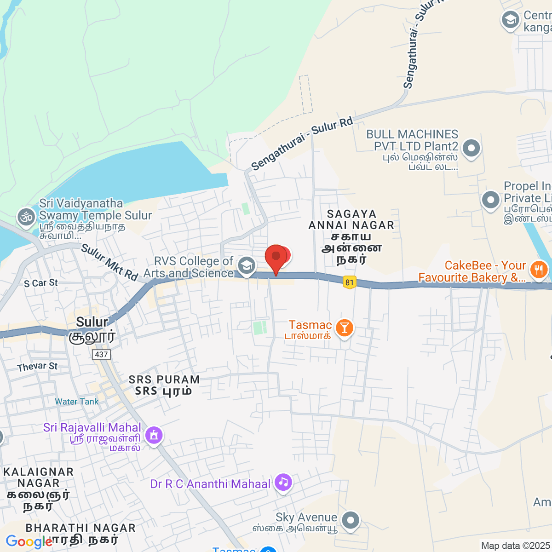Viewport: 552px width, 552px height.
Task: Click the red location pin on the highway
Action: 276,258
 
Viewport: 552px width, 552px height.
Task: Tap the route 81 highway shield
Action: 350,282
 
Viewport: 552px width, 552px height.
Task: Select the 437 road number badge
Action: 101,354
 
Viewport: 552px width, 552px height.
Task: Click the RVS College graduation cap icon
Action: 247,266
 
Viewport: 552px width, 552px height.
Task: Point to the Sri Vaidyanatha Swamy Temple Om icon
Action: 26,217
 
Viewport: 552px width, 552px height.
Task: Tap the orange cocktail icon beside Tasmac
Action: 344,328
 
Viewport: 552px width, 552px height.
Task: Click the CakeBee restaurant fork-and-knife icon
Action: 539,270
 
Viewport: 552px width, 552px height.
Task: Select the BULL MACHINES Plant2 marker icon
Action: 471,148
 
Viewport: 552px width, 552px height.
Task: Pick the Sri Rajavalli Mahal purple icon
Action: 154,435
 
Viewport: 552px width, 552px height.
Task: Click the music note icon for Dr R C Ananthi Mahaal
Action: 283,482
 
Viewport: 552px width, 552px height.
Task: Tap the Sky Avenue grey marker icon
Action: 351,521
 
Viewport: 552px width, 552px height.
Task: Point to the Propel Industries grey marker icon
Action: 490,200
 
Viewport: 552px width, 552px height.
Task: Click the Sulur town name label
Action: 92,322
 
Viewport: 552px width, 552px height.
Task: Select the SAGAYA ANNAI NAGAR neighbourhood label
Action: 351,220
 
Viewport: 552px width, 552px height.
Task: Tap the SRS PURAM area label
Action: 164,380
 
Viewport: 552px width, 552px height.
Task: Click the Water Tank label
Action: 77,402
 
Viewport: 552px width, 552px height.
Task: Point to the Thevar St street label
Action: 37,367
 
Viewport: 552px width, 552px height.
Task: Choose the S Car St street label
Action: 41,283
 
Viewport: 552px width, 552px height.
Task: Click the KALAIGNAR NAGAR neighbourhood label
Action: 39,477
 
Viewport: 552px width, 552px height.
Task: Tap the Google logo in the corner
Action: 29,542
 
